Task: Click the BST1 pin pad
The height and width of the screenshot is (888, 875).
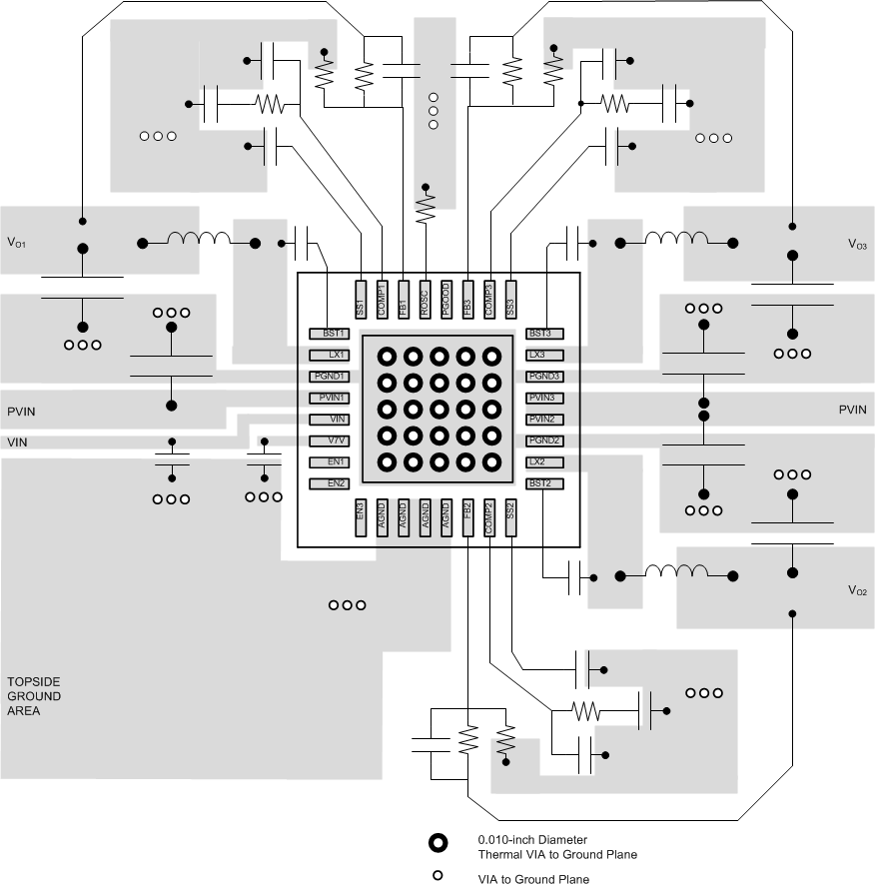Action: coord(330,334)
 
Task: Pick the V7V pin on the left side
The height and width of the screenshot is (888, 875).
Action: coord(330,441)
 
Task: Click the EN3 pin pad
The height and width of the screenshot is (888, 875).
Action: coord(361,518)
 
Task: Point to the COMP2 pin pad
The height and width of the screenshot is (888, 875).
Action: coord(489,518)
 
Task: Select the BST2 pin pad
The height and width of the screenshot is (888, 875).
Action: coord(540,483)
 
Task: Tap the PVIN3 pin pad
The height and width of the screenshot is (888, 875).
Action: coord(540,398)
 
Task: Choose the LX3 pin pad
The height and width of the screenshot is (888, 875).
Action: coord(540,355)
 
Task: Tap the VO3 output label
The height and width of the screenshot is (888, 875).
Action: coord(856,244)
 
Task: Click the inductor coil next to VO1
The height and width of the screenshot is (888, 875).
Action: coord(197,239)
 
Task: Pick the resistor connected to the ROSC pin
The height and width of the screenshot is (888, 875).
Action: coord(427,207)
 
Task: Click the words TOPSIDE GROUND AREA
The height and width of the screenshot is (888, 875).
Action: coord(34,696)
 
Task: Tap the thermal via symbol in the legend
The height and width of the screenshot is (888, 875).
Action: coord(437,843)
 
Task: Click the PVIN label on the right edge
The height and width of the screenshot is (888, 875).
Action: coord(852,410)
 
